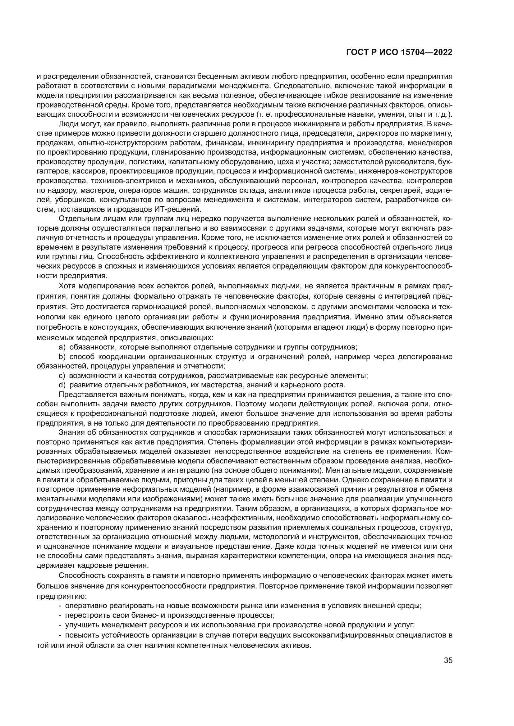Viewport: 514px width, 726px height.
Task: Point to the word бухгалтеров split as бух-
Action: point(446,162)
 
